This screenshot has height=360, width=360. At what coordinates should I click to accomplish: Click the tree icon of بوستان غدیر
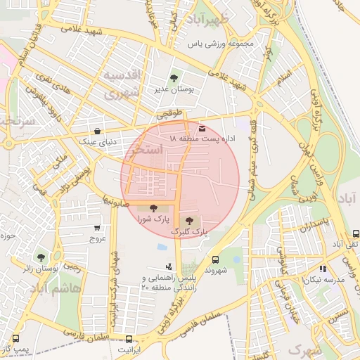174,77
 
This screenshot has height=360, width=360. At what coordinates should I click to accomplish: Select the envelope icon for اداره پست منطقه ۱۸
202,129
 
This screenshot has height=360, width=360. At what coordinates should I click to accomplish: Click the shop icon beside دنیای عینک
97,131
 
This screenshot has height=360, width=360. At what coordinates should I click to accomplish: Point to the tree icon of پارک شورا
153,207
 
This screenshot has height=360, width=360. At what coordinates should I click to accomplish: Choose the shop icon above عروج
97,228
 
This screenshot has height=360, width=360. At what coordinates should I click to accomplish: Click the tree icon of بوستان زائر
41,257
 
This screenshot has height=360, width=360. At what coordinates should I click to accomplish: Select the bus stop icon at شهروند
214,259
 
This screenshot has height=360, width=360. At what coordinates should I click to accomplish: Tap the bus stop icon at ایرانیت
127,338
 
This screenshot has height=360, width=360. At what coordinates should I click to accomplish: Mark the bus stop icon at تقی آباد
356,233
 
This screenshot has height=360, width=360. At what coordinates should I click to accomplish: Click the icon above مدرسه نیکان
322,269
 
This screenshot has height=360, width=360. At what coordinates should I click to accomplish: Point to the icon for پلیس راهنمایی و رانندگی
169,266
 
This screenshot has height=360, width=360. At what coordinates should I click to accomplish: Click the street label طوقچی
169,112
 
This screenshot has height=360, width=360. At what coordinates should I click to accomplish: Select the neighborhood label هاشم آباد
59,288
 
